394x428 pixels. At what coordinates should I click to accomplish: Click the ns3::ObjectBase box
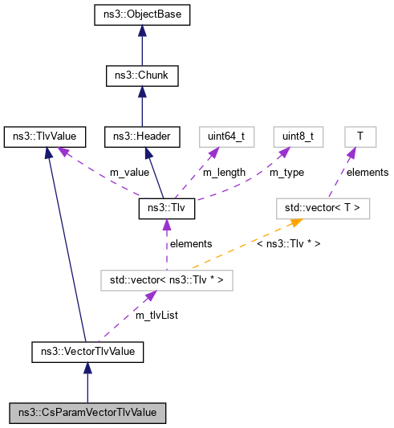point(142,16)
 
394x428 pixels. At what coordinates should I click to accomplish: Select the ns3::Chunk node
point(142,76)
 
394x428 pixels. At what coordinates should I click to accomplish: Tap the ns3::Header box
point(142,137)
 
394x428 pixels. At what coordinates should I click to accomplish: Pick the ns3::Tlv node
point(166,209)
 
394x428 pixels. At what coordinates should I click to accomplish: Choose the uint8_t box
point(298,137)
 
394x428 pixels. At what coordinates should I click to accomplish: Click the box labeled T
point(360,137)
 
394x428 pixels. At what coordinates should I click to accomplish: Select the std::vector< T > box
point(323,209)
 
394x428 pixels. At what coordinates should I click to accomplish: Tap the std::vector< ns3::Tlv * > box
point(166,280)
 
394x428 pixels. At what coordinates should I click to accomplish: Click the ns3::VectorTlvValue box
point(87,351)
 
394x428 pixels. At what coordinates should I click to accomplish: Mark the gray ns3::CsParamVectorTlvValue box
point(87,412)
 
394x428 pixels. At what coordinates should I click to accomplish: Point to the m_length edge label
point(224,173)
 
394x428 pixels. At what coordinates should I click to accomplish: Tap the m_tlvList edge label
point(156,316)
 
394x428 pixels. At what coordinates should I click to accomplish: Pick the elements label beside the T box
point(368,172)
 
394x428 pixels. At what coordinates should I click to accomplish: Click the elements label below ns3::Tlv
point(190,243)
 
